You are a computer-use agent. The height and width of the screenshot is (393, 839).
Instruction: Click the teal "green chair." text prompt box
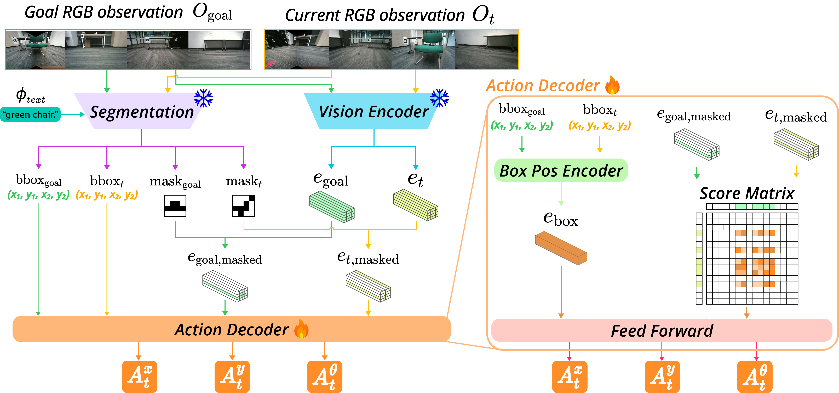30,114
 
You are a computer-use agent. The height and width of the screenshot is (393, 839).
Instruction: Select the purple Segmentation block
141,112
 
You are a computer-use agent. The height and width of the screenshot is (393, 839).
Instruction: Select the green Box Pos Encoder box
561,170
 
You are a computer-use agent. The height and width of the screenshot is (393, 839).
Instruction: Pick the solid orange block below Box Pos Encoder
561,248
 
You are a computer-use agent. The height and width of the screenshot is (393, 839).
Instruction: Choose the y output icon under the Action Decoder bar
232,376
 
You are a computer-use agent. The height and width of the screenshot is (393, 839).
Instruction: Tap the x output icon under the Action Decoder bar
139,376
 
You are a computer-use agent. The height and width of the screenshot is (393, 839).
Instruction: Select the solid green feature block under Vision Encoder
332,207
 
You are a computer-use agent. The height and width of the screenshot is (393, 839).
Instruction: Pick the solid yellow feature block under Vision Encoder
416,205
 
